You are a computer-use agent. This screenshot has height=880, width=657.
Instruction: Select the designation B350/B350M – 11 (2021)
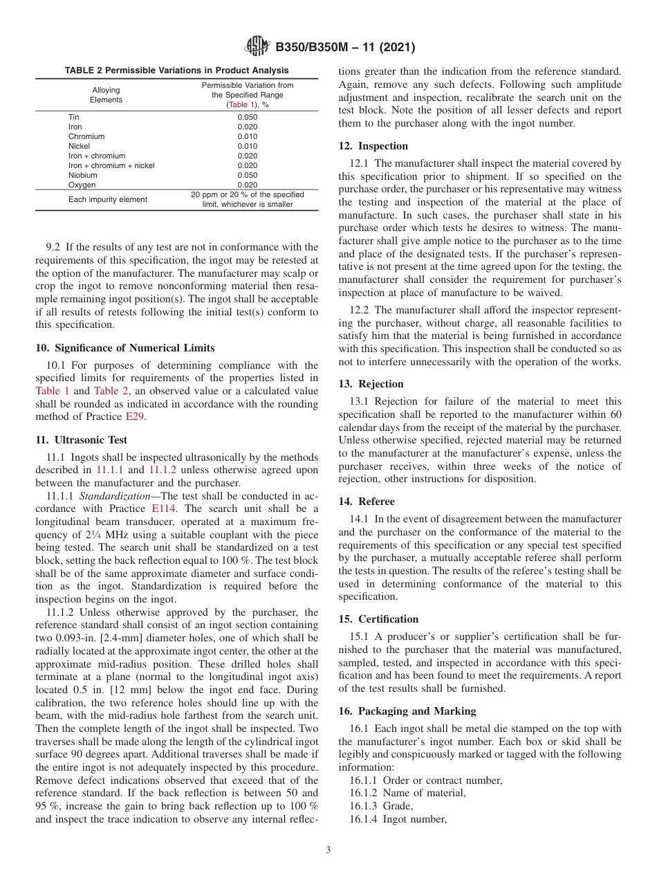point(345,48)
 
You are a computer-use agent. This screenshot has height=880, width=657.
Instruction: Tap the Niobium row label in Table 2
point(82,175)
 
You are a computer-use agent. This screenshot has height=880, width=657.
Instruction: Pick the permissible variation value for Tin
point(247,117)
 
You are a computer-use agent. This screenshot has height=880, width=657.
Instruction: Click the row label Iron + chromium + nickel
point(111,165)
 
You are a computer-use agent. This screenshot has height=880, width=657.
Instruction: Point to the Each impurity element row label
point(107,199)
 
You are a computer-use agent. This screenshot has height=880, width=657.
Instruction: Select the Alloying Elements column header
point(106,95)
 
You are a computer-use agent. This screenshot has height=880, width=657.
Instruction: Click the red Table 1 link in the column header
point(239,104)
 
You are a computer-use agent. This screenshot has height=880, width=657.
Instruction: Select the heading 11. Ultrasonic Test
point(82,439)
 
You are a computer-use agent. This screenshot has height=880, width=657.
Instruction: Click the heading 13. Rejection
point(371,384)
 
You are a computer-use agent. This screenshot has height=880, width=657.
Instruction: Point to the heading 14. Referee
point(367,501)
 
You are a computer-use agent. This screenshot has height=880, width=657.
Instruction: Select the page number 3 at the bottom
point(328,850)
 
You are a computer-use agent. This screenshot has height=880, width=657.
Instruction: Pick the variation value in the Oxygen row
point(247,185)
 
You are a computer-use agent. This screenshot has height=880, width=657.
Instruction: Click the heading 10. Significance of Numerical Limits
point(124,347)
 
